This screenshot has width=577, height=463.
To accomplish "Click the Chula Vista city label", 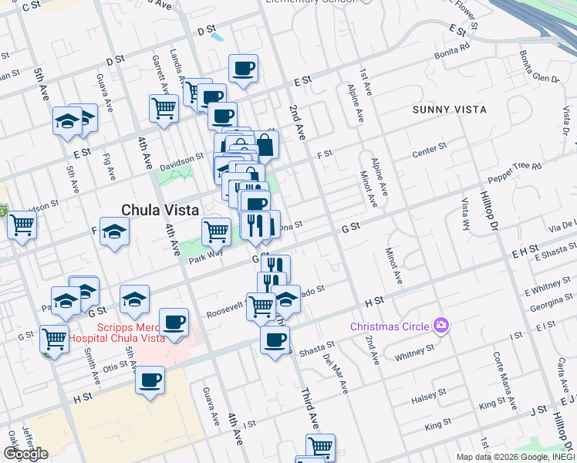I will click(x=160, y=210).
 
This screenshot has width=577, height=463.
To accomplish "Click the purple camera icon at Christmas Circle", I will click(x=440, y=326).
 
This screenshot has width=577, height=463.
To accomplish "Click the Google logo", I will click(x=25, y=454).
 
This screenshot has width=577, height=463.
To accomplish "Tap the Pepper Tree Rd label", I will click(x=516, y=167).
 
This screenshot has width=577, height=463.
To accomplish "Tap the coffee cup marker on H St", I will click(x=150, y=380).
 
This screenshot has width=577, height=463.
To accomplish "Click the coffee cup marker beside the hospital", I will click(x=174, y=323).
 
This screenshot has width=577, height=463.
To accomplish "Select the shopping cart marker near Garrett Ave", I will click(x=164, y=109).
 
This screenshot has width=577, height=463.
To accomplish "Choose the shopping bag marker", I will click(x=265, y=144).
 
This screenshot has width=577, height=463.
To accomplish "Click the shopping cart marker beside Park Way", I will click(x=216, y=230).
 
